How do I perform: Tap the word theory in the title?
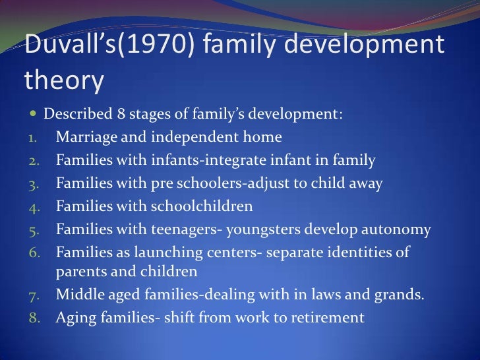[64, 80]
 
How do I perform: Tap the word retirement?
[327, 317]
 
